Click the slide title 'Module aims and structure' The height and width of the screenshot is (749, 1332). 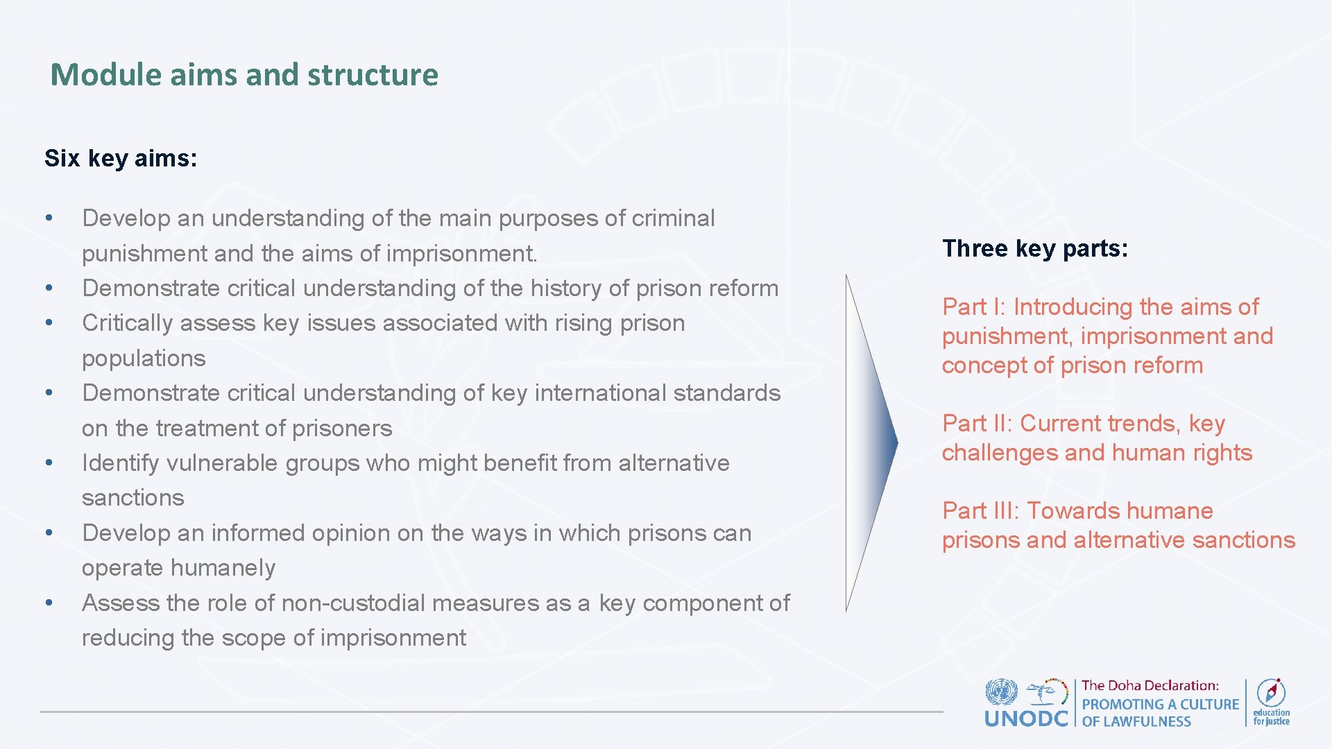[244, 75]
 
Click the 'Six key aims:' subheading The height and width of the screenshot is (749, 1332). [121, 158]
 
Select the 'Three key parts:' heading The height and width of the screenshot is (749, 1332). [1035, 248]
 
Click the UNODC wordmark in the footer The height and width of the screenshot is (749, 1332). [1026, 718]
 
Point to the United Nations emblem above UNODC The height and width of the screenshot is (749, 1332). [1001, 692]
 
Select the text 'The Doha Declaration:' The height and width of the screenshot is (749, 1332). [1150, 685]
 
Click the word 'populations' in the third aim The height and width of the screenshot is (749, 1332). [144, 358]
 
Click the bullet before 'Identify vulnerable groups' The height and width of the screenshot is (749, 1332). [49, 462]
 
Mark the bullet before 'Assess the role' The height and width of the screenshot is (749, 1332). [49, 602]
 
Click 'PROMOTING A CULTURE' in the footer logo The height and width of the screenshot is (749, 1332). [1160, 704]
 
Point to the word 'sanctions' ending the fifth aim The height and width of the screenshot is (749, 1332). [133, 497]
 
